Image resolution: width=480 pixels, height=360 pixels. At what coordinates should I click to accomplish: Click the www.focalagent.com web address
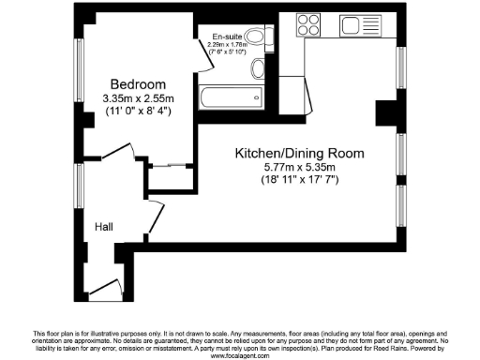click(240, 355)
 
